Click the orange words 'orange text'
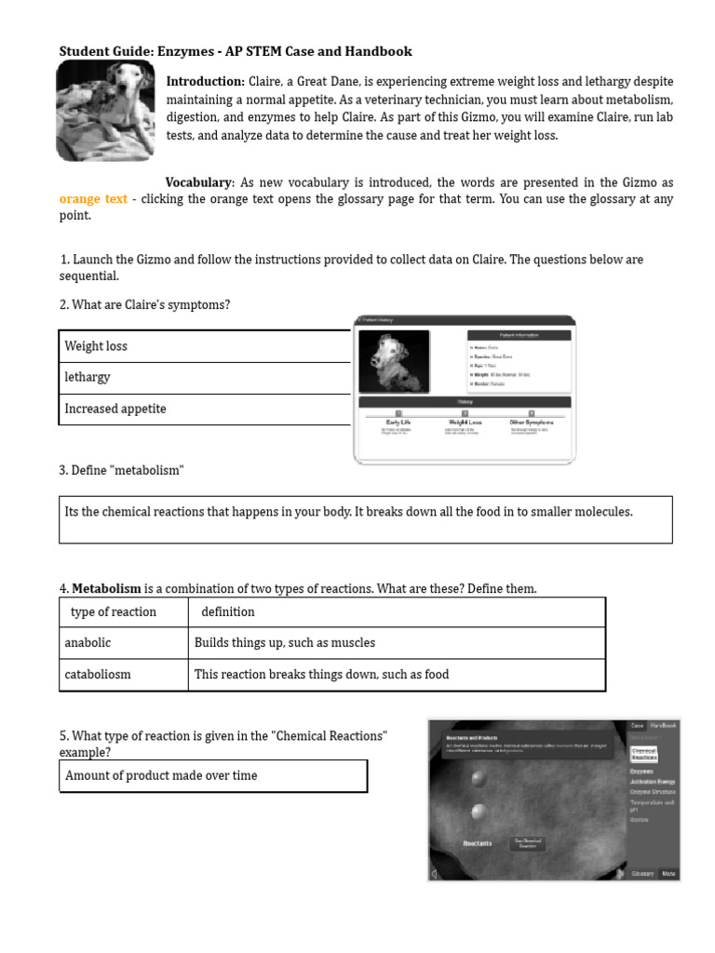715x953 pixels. pos(93,199)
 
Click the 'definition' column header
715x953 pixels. pos(227,611)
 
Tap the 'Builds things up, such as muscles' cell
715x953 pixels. pos(285,642)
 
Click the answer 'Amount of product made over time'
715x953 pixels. pos(162,775)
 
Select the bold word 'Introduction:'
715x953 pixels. pos(206,82)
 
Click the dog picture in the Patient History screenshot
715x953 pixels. pos(394,361)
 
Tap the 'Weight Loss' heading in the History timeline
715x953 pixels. pos(463,422)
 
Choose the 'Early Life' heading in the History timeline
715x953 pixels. pos(398,422)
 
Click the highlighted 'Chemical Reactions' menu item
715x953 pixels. pos(644,754)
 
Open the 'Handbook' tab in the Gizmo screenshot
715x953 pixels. pos(664,725)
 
